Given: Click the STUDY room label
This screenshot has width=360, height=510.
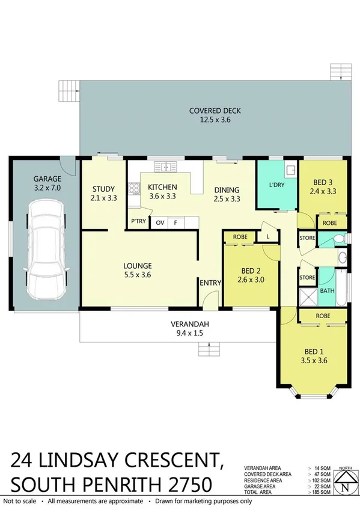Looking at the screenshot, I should point(103,187).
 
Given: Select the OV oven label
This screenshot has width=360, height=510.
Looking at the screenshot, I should point(160,223).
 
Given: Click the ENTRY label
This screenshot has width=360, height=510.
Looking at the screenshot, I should point(210,283).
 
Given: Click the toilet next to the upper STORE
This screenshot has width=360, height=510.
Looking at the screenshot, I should point(341,239).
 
